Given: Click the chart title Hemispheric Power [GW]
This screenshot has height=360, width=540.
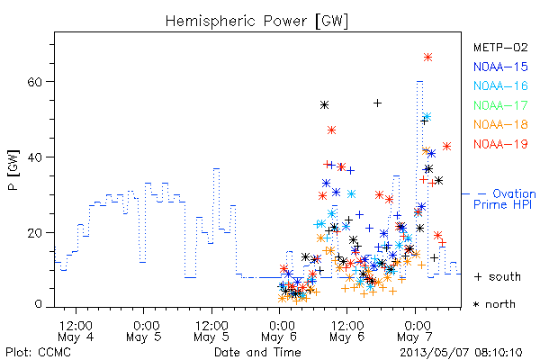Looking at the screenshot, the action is [256, 22].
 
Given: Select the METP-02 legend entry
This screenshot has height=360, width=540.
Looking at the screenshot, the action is [500, 47].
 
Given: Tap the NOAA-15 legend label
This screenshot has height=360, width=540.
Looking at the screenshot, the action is [500, 67].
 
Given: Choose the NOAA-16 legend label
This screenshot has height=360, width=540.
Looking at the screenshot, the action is [500, 85].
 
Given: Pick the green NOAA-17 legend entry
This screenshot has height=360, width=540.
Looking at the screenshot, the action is [500, 105].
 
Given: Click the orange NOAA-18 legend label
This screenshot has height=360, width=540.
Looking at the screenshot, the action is [500, 124].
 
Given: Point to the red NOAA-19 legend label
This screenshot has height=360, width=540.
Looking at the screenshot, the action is [500, 144].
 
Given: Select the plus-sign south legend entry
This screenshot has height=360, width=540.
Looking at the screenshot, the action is [498, 276].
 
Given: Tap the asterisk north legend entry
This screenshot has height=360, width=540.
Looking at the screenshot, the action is [494, 304].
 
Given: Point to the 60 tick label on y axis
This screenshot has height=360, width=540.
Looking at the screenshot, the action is [34, 82].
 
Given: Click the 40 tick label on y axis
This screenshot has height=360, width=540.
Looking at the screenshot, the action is [34, 157].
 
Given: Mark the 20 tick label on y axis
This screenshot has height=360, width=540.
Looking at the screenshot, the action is [34, 233].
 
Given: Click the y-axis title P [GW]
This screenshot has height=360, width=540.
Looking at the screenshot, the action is [13, 170].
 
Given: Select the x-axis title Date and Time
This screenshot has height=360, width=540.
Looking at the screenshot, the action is [257, 353].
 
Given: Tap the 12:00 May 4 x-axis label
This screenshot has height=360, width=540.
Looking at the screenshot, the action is [76, 331].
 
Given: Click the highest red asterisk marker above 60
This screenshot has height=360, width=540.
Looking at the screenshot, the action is [427, 58].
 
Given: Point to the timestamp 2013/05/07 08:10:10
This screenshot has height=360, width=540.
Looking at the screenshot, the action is [461, 353].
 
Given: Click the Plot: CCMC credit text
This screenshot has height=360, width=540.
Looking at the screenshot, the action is [38, 353].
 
